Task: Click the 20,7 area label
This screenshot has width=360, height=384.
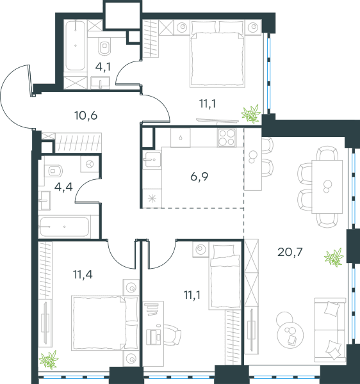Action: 290,252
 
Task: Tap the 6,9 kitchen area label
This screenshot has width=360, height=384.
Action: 199,177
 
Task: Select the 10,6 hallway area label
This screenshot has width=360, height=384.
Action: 86,115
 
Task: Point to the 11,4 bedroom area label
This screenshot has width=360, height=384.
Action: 83,275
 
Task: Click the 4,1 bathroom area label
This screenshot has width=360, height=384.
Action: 103,67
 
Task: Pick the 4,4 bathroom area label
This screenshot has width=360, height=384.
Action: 63,187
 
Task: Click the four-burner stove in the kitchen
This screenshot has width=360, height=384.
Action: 227,138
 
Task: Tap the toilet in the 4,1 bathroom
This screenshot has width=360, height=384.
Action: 104,46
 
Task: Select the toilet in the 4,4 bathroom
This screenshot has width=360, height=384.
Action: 53,171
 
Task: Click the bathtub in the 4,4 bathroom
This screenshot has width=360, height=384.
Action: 63,227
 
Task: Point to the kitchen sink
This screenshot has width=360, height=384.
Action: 152,159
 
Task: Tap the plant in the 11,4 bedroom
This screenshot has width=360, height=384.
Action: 49,360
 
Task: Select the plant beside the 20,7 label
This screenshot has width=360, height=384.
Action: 334,257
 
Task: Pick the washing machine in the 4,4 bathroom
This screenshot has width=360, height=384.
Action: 90,164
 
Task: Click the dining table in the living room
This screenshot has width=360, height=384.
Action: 327,187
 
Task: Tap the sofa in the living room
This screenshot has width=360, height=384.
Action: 330,330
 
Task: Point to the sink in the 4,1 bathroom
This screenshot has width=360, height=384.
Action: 100,83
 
